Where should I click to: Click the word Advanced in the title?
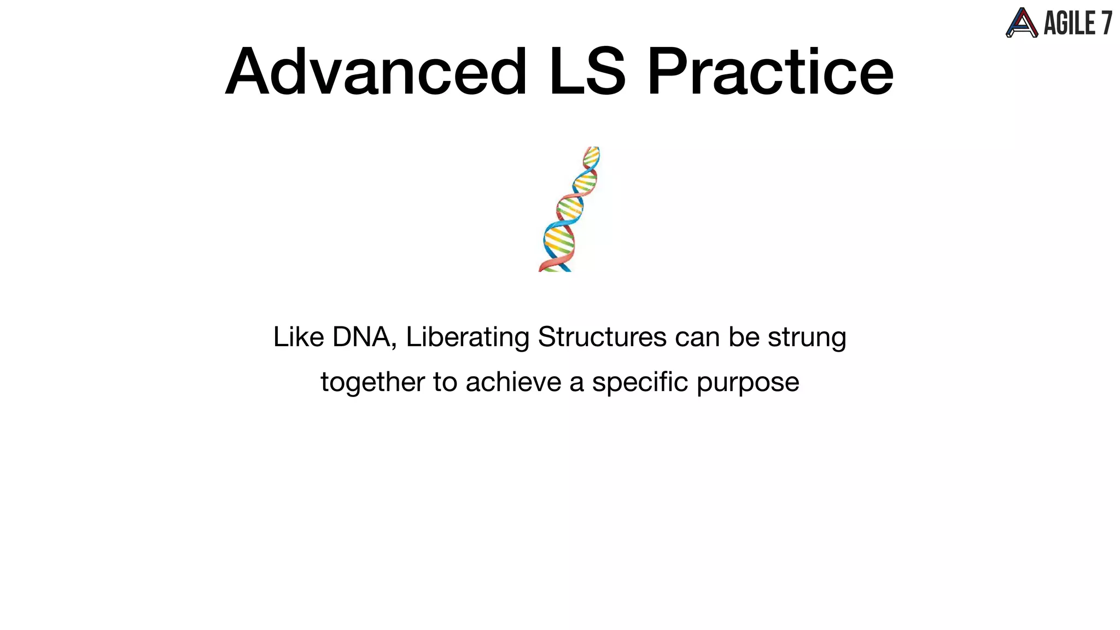[376, 72]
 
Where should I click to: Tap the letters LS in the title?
[587, 72]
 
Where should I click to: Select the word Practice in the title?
[770, 72]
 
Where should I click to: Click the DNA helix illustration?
[569, 211]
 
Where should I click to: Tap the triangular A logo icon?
[1022, 24]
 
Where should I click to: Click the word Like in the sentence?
[299, 337]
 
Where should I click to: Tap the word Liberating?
[467, 337]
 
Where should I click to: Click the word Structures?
[602, 337]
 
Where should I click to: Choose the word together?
[372, 382]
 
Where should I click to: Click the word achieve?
[513, 382]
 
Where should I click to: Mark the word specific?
[640, 382]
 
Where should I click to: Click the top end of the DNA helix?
[593, 150]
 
